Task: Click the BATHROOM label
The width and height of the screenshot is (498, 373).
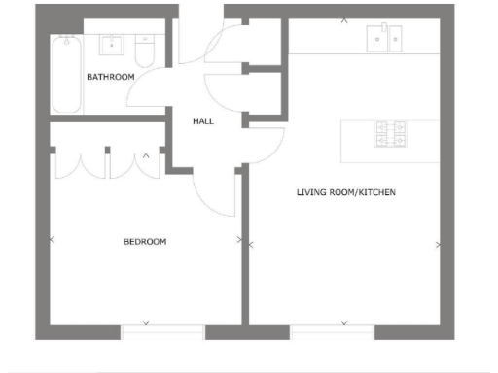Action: pyautogui.click(x=110, y=76)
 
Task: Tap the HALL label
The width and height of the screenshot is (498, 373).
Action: pyautogui.click(x=202, y=121)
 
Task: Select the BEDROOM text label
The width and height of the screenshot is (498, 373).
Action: pyautogui.click(x=144, y=241)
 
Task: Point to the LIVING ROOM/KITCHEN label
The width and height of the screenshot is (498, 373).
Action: pyautogui.click(x=346, y=192)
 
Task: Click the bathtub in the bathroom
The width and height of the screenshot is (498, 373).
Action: pyautogui.click(x=67, y=74)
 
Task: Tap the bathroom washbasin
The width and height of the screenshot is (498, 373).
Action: pyautogui.click(x=114, y=45)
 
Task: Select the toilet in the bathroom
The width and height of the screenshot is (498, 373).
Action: pyautogui.click(x=146, y=47)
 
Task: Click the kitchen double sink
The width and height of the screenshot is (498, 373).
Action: pyautogui.click(x=385, y=40)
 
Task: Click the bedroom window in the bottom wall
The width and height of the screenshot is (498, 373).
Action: pyautogui.click(x=161, y=331)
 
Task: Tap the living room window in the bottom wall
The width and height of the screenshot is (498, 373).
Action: pyautogui.click(x=332, y=331)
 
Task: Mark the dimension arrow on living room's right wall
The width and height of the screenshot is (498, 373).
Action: pyautogui.click(x=439, y=244)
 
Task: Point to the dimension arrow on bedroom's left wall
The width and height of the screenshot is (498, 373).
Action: pyautogui.click(x=52, y=238)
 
